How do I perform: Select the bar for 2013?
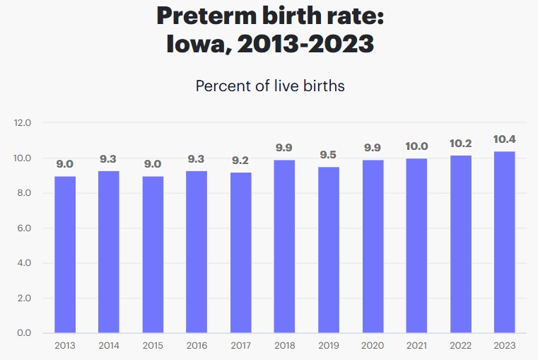[65, 255]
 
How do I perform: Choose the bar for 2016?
[197, 252]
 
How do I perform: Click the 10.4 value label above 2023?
[505, 139]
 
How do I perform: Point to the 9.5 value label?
[329, 155]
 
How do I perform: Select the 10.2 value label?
[461, 143]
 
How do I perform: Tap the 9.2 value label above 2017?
[241, 161]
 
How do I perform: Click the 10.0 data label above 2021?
[417, 146]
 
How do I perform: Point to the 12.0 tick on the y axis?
[23, 123]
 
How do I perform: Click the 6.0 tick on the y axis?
[23, 228]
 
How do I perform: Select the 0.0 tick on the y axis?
[23, 332]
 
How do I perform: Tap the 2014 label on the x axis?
[109, 346]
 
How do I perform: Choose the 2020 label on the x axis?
[373, 346]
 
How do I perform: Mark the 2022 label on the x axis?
[461, 346]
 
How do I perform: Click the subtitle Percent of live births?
[269, 86]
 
